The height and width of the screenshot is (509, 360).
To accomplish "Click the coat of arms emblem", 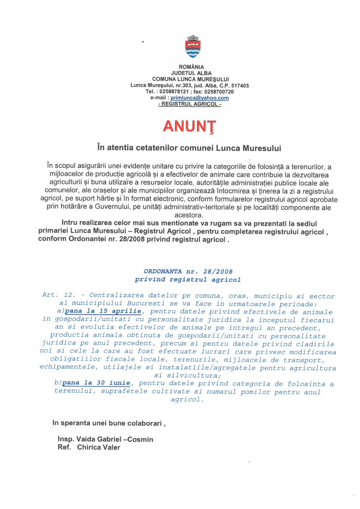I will [x=193, y=47].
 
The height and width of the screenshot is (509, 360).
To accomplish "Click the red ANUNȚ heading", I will [x=189, y=127].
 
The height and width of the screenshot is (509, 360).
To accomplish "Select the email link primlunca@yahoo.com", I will [x=200, y=98].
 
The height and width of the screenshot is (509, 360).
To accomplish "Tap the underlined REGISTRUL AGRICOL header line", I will [x=189, y=104].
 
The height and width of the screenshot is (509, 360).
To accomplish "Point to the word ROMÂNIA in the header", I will [x=191, y=67].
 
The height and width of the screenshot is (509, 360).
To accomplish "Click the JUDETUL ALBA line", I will [x=191, y=73].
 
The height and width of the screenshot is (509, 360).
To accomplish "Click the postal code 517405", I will [x=240, y=85].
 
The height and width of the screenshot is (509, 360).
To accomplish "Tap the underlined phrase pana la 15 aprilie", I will [x=103, y=311].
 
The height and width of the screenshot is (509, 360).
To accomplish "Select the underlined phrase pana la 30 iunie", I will [x=96, y=383].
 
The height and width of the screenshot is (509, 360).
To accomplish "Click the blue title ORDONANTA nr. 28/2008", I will [x=188, y=272].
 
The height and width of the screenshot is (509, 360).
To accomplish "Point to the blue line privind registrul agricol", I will [x=188, y=280].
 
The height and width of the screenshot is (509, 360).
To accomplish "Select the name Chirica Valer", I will [x=99, y=447].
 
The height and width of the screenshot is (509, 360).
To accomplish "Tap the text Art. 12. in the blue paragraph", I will [x=59, y=295].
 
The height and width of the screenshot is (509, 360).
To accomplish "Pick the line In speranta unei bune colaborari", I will [x=108, y=423].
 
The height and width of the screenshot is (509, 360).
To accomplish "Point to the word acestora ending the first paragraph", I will [x=189, y=215].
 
